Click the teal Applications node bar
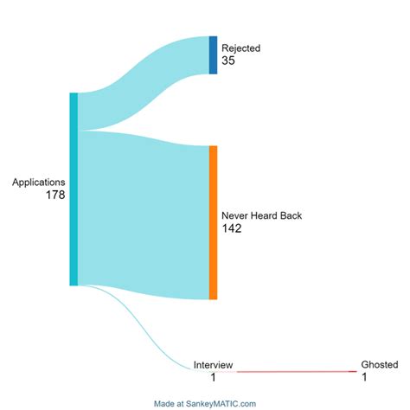74,189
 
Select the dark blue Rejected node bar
213,55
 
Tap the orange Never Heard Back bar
213,222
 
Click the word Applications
39,183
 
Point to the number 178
55,195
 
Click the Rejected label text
240,48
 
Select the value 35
228,61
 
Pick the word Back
291,215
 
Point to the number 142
232,228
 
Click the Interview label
213,365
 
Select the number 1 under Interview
213,377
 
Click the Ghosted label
380,364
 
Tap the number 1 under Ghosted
364,377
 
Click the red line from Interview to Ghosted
297,372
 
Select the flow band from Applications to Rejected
144,84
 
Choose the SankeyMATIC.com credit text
205,404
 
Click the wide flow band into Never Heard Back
144,215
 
